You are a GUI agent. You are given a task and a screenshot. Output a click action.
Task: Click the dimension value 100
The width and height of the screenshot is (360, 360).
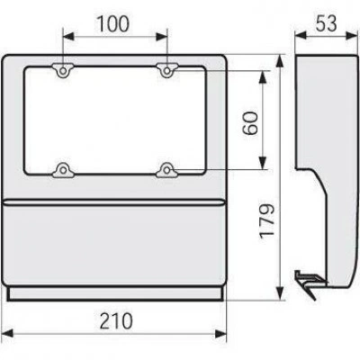(113, 24)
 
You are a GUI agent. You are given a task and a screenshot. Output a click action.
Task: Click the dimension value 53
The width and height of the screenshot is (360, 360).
(326, 23)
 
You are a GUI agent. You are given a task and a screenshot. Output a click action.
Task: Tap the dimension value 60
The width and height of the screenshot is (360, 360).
(250, 122)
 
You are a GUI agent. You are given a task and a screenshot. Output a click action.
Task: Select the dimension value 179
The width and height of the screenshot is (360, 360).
(266, 221)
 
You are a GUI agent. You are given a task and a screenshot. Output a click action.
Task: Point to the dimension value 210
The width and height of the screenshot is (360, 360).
(116, 321)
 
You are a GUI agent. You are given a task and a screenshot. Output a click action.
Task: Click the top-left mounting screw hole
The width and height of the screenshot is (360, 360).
(63, 71)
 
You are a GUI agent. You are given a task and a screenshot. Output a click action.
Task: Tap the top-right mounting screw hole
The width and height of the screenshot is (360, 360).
(166, 71)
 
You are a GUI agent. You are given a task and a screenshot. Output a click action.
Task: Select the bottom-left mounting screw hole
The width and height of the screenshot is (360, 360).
(63, 170)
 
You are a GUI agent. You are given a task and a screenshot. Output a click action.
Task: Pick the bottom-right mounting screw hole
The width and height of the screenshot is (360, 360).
(166, 170)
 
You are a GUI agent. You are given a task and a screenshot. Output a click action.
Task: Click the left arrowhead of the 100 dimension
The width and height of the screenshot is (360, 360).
(68, 37)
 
